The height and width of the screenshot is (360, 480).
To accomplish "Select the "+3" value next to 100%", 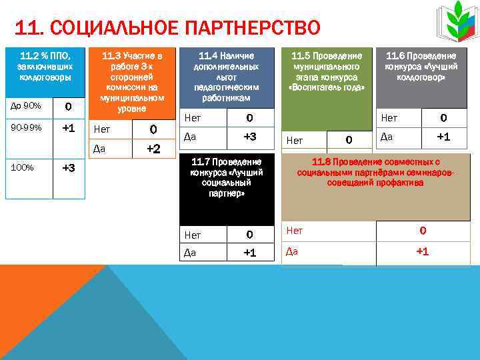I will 69,168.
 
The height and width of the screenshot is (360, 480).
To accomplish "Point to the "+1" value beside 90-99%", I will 69,127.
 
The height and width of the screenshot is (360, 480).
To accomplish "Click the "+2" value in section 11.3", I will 153,149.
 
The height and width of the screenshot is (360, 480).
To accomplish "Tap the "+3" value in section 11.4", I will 250,137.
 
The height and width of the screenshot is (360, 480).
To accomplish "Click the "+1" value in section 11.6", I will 443,137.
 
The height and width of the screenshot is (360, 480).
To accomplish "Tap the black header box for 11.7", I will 226,189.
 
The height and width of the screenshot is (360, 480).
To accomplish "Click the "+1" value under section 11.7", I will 250,253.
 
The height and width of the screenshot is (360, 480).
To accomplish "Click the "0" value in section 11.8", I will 423,231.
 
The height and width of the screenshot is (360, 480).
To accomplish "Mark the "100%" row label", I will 23,167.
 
